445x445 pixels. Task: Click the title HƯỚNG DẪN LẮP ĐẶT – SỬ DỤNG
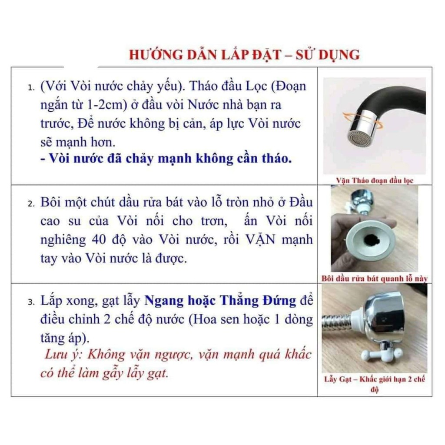coord(244,55)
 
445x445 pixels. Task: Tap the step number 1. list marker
coord(31,87)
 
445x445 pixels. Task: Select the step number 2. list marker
coord(31,203)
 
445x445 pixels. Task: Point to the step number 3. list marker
coord(31,302)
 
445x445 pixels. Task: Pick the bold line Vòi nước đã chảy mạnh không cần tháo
coord(166,158)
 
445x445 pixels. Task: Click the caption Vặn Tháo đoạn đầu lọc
coord(375,180)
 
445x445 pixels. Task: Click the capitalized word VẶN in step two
coord(260,239)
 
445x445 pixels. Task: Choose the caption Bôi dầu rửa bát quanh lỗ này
coord(374,279)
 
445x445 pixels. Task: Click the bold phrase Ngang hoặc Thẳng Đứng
coord(220,301)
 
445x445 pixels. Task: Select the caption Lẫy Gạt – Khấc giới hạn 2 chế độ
coord(375,384)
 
